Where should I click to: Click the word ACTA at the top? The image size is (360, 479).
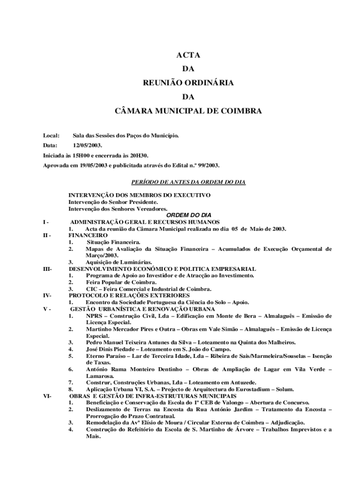(188, 55)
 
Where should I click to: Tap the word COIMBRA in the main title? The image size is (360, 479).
(236, 111)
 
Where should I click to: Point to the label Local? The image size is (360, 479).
(51, 136)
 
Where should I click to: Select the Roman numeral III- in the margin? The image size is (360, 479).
(47, 269)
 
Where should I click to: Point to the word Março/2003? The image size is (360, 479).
(101, 255)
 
